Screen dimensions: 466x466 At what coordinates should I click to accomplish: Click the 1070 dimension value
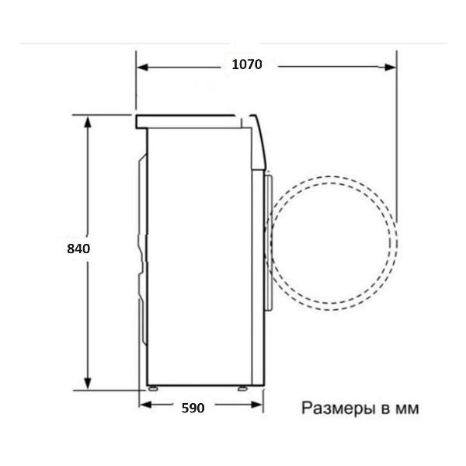(x=247, y=64)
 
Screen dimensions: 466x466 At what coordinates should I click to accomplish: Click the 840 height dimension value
(x=78, y=249)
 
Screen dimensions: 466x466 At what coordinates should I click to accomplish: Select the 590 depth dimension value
(x=193, y=408)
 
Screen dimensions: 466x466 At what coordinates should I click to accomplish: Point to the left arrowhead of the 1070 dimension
(x=142, y=68)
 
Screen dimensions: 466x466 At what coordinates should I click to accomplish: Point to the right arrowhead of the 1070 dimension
(x=390, y=68)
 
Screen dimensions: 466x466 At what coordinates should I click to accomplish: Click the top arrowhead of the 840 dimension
(x=87, y=122)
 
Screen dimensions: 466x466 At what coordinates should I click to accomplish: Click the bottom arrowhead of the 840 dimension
(x=87, y=384)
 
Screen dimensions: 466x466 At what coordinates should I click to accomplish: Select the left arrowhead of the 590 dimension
(x=145, y=405)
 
